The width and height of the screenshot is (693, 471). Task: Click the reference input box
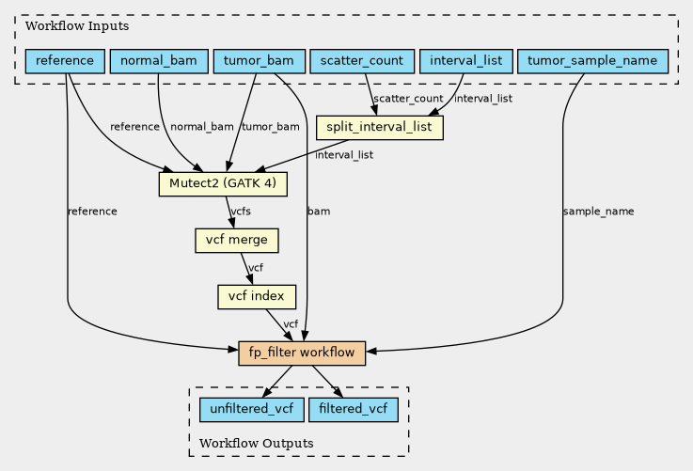pyautogui.click(x=65, y=61)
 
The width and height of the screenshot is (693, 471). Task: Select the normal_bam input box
pyautogui.click(x=159, y=61)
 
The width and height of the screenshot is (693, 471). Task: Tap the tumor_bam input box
pyautogui.click(x=259, y=61)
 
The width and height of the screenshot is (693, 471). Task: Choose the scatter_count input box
pyautogui.click(x=362, y=61)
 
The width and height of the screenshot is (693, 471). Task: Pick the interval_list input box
pyautogui.click(x=465, y=61)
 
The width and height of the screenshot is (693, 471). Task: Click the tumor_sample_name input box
pyautogui.click(x=592, y=61)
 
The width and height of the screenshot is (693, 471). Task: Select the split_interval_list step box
pyautogui.click(x=379, y=128)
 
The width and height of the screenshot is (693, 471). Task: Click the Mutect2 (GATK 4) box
pyautogui.click(x=223, y=184)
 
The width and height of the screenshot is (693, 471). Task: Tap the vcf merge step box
pyautogui.click(x=236, y=241)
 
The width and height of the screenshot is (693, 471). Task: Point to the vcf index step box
pyautogui.click(x=257, y=296)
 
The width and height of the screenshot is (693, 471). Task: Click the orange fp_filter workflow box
pyautogui.click(x=302, y=353)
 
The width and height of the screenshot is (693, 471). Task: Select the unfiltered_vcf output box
pyautogui.click(x=251, y=410)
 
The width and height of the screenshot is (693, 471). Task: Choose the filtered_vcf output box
pyautogui.click(x=354, y=410)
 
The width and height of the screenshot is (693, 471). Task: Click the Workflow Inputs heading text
pyautogui.click(x=77, y=26)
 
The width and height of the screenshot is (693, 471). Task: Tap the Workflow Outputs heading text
pyautogui.click(x=257, y=443)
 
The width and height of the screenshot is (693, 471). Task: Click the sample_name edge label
pyautogui.click(x=598, y=212)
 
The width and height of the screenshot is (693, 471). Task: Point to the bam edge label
pyautogui.click(x=319, y=212)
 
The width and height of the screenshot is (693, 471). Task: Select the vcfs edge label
pyautogui.click(x=241, y=212)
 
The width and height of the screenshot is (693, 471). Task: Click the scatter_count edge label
pyautogui.click(x=408, y=99)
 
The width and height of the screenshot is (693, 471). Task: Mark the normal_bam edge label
pyautogui.click(x=202, y=127)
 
